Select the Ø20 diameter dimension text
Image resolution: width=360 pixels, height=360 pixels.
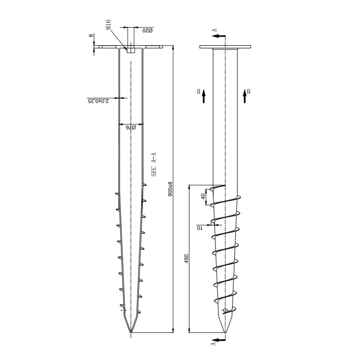point(147,31)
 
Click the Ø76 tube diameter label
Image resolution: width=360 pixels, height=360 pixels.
point(130,128)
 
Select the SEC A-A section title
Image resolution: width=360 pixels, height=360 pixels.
point(154,164)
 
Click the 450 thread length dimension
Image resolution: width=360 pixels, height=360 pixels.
point(186,258)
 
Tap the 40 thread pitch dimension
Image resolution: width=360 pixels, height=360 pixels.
point(203,197)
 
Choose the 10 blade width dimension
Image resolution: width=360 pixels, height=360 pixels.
point(198,227)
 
